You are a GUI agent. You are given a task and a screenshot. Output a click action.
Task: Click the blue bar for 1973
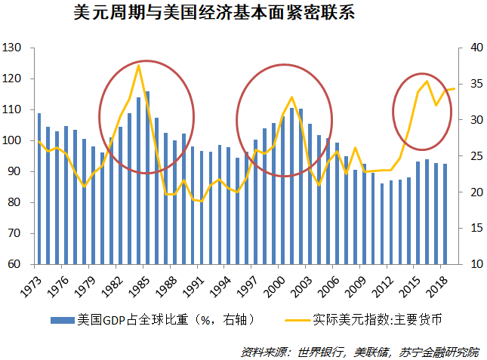click(x=39, y=189)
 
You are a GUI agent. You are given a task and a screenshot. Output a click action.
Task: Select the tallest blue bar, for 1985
click(x=147, y=178)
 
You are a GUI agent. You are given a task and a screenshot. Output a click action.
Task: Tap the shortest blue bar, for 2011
click(x=382, y=224)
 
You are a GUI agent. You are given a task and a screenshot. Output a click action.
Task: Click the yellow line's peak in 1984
click(x=138, y=66)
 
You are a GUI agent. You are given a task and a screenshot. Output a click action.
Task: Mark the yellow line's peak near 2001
click(x=292, y=97)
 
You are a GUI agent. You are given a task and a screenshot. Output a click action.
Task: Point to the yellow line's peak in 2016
click(x=427, y=81)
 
